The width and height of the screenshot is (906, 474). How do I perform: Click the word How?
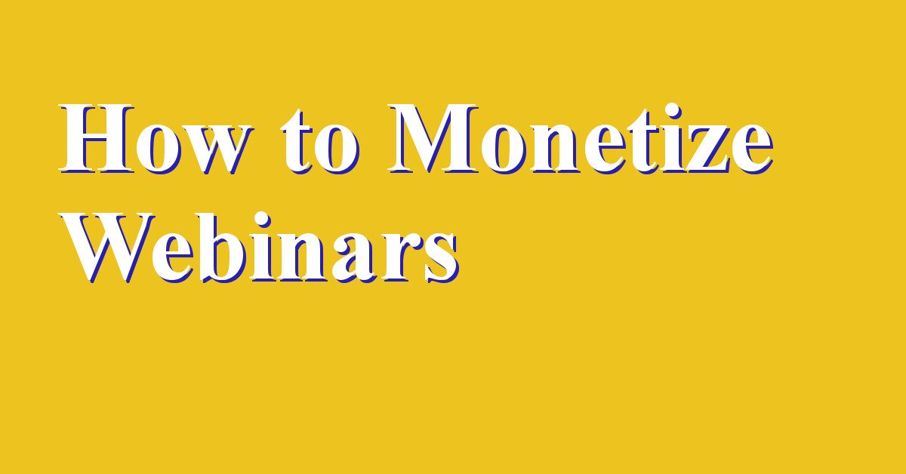(x=156, y=139)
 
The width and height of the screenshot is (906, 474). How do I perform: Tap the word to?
(x=320, y=142)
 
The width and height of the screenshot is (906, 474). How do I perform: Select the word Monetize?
(x=581, y=139)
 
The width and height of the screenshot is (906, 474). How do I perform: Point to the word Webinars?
(x=259, y=247)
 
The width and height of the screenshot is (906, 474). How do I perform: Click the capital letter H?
(x=97, y=139)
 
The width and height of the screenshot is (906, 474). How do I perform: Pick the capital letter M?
(x=433, y=139)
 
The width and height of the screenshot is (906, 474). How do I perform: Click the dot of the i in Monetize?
(x=670, y=112)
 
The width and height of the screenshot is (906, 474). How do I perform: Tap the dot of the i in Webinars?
(x=261, y=220)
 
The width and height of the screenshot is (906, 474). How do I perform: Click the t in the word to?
(x=297, y=142)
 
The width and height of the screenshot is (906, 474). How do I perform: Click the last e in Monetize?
(x=753, y=150)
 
